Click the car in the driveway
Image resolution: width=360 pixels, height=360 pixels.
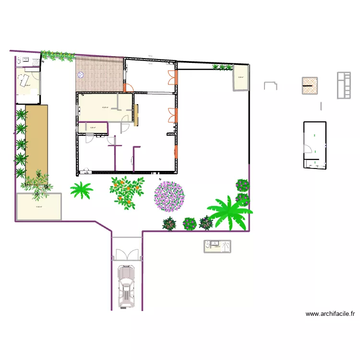click(127, 287)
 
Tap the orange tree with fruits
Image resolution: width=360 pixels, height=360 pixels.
click(127, 192)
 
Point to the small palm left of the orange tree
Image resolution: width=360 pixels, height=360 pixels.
click(82, 190)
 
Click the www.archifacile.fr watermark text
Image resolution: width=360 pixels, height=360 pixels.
click(330, 314)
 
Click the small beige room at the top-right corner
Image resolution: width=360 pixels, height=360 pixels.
click(240, 77)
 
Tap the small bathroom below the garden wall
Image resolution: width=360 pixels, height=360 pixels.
click(216, 246)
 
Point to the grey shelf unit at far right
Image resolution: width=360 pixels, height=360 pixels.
click(344, 85)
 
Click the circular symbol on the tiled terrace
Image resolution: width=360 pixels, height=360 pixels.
click(81, 75)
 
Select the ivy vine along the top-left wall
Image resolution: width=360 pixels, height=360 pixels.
click(58, 55)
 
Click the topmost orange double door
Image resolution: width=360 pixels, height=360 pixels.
click(171, 78)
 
